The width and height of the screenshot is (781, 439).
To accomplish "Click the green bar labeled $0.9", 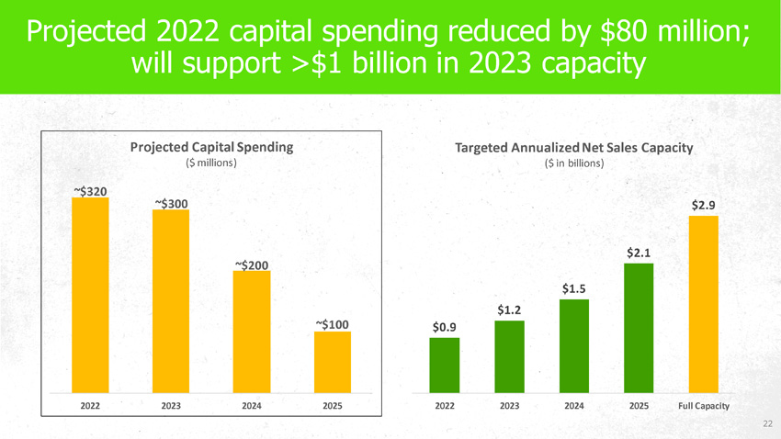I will pyautogui.click(x=445, y=365).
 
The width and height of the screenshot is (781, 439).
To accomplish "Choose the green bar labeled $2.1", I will pyautogui.click(x=638, y=326).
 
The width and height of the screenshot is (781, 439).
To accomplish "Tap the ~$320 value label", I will pyautogui.click(x=90, y=191).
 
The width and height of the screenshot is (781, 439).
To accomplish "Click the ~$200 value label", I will pyautogui.click(x=252, y=265).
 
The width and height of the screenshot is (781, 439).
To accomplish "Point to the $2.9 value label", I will pyautogui.click(x=703, y=206).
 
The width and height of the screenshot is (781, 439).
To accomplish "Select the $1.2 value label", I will pyautogui.click(x=510, y=310).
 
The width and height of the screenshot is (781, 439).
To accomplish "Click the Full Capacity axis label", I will pyautogui.click(x=703, y=406).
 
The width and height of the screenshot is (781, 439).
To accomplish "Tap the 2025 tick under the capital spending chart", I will pyautogui.click(x=333, y=406).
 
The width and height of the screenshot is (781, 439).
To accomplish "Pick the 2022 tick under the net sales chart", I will pyautogui.click(x=445, y=406).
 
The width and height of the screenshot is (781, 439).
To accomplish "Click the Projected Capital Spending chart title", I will pyautogui.click(x=211, y=146).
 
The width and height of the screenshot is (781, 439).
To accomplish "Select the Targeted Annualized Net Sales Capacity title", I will pyautogui.click(x=573, y=148).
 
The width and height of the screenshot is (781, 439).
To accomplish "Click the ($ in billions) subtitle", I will pyautogui.click(x=573, y=163).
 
